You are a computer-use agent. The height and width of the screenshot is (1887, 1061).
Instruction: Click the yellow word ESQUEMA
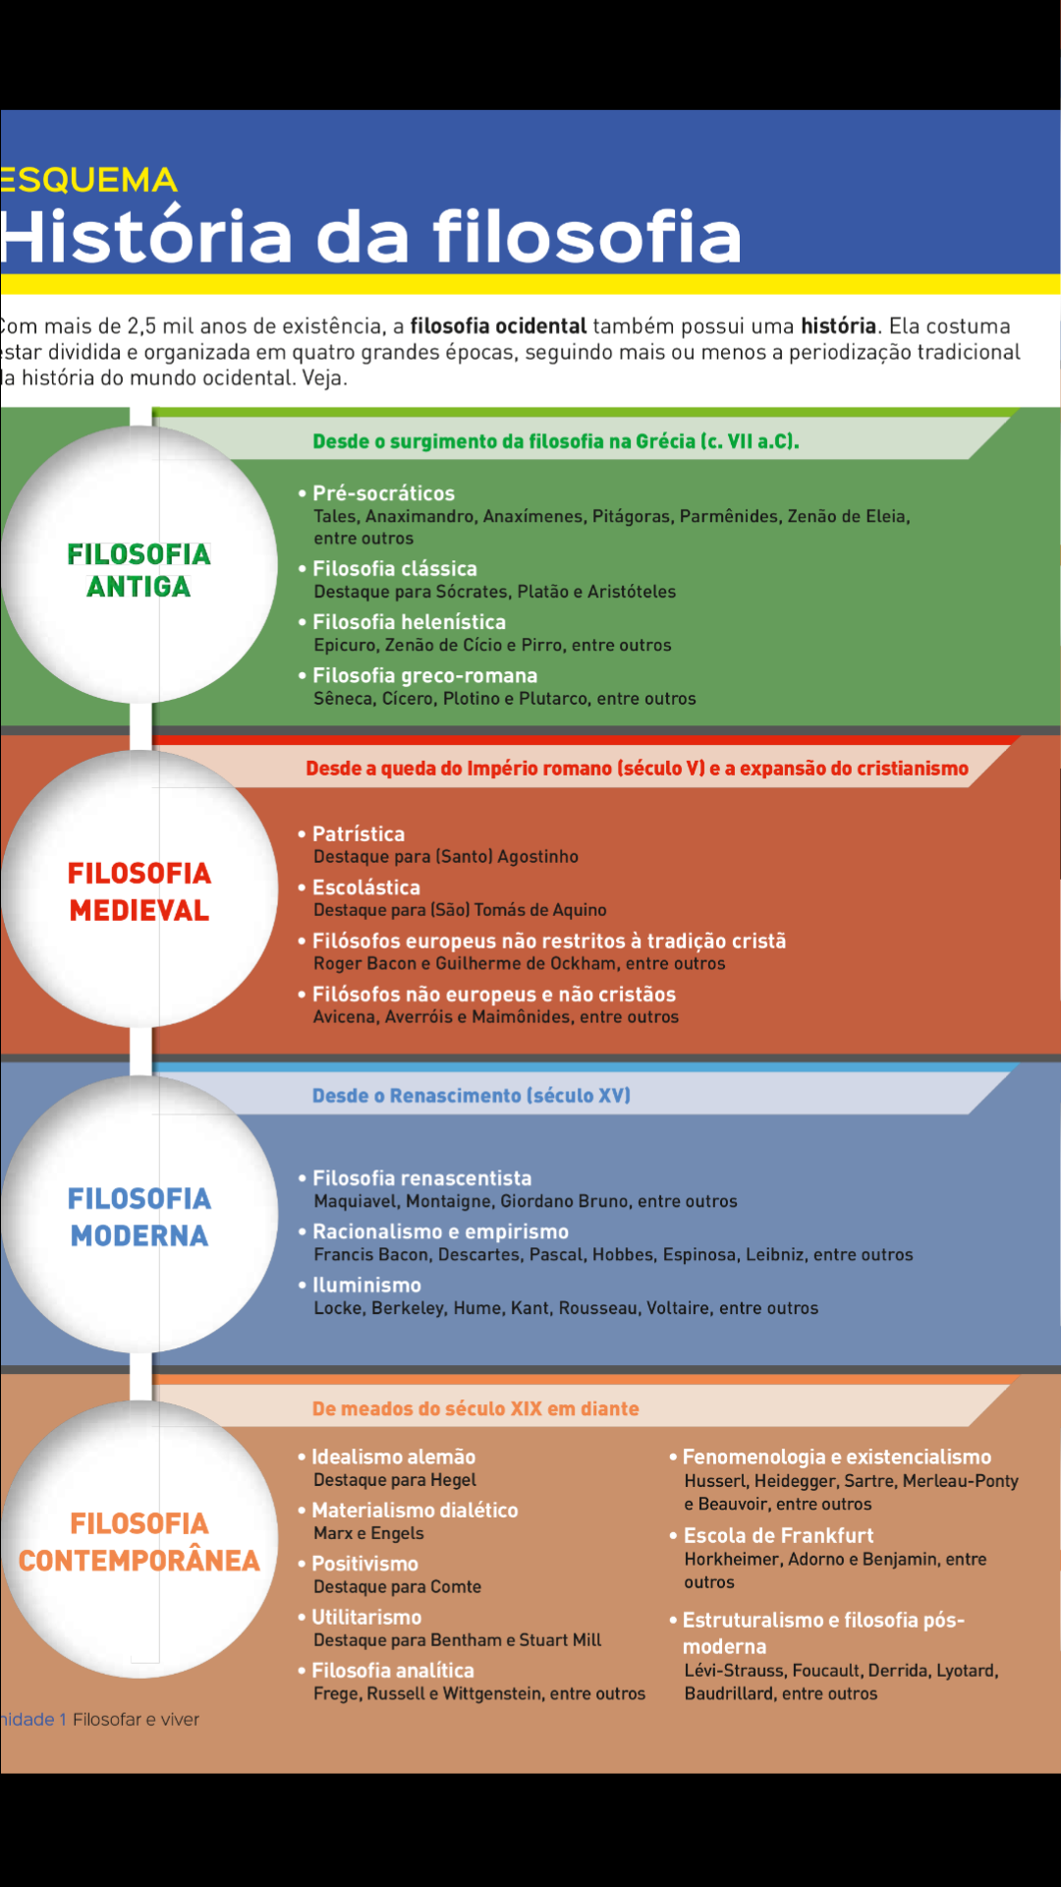89,180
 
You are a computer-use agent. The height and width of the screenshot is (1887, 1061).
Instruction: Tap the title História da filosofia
370,237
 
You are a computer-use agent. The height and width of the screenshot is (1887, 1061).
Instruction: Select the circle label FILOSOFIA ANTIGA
139,570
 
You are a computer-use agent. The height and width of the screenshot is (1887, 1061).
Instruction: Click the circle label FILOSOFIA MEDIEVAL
139,891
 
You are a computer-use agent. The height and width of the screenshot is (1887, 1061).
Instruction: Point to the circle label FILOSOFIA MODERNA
139,1217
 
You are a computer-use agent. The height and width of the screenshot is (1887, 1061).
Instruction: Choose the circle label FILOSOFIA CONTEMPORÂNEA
139,1542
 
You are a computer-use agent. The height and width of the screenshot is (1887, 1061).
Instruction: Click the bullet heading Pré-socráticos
383,493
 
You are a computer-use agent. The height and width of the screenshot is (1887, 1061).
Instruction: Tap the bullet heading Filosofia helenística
409,622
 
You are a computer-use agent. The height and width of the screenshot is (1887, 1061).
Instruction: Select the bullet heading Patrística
358,833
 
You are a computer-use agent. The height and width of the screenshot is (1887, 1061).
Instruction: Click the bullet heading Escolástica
365,887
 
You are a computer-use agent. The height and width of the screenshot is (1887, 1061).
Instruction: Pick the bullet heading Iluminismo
366,1285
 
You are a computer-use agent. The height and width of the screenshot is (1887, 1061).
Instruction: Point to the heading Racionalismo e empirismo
440,1231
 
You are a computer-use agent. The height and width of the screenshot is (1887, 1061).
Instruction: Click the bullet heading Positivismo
364,1564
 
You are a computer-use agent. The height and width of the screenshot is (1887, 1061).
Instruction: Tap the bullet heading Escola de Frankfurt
778,1535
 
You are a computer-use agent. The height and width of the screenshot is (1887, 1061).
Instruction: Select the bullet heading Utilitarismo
366,1617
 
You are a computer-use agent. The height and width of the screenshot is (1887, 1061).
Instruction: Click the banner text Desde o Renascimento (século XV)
471,1096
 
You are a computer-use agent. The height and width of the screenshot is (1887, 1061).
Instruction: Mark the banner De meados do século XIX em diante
475,1408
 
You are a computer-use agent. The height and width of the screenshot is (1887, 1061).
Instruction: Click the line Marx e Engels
368,1533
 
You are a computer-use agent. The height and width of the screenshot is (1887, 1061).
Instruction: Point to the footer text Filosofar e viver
136,1719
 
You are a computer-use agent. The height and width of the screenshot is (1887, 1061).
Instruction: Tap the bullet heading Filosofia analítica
392,1670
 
